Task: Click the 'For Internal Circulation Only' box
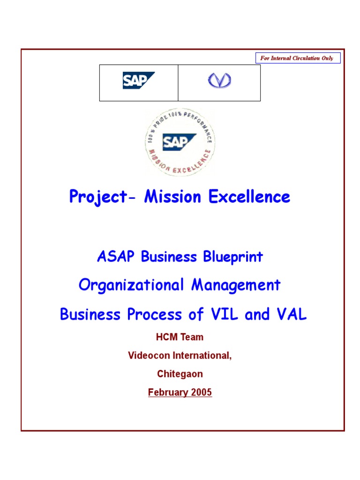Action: point(298,58)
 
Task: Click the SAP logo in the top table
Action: point(138,81)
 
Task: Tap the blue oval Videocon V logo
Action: point(220,81)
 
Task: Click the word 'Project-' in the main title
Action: point(98,197)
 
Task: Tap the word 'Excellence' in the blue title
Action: point(249,197)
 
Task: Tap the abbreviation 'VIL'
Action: point(224,315)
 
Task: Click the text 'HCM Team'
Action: point(180,337)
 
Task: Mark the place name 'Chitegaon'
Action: point(180,374)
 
